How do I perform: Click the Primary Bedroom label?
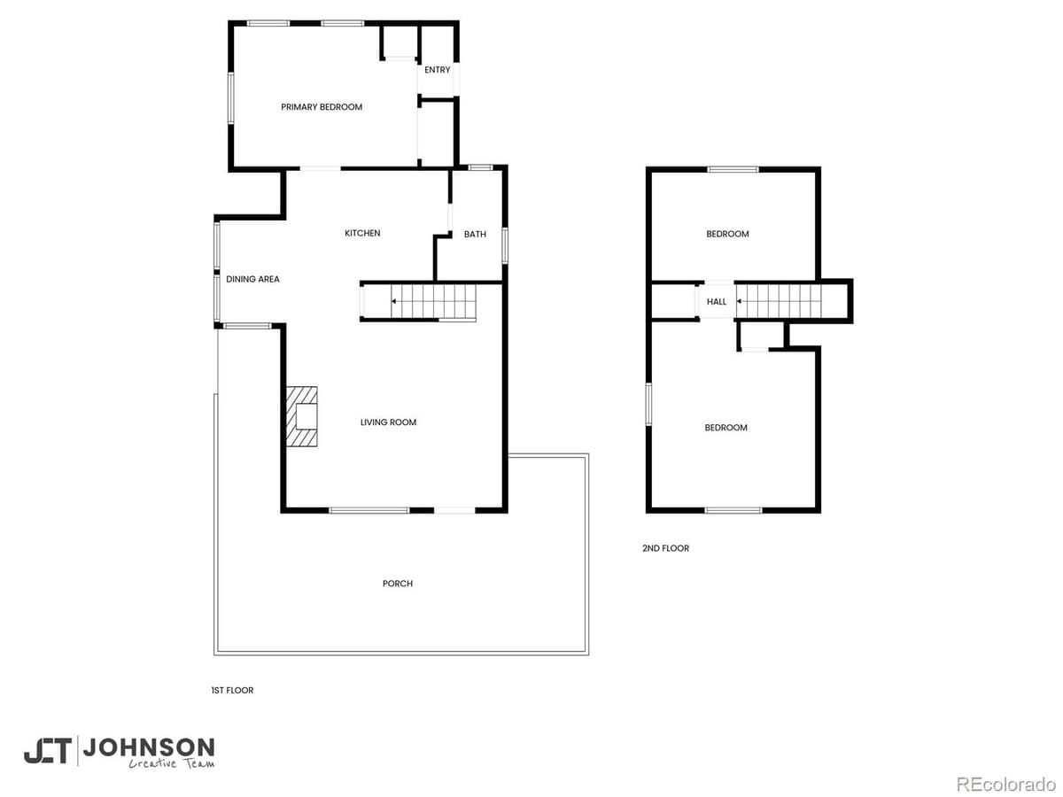[322, 107]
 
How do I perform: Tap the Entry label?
[437, 70]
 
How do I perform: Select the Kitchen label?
[362, 234]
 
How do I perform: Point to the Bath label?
[475, 235]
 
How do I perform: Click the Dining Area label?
[252, 280]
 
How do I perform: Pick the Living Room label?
[388, 422]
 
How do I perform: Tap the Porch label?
[398, 584]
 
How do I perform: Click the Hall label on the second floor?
[717, 302]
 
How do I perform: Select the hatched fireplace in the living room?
[301, 416]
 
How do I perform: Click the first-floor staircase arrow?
[393, 302]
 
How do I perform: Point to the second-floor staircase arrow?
[739, 302]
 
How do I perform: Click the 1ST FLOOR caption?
[231, 691]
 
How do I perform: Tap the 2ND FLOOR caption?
[665, 549]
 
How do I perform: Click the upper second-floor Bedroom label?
[727, 235]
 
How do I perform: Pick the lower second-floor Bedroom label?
[725, 428]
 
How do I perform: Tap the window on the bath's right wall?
[506, 245]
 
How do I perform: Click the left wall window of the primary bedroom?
[230, 97]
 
